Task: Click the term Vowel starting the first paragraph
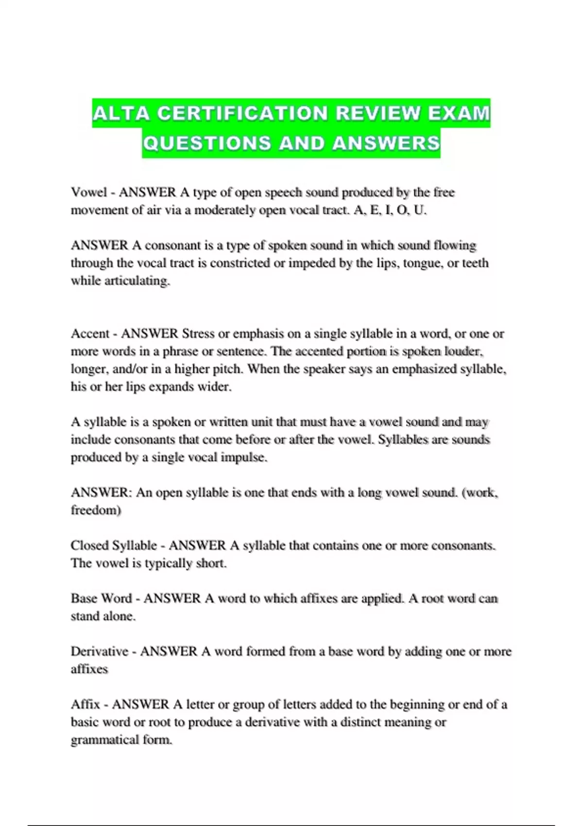click(88, 192)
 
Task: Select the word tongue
click(422, 263)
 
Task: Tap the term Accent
click(90, 334)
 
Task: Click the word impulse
click(243, 458)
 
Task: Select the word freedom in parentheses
click(94, 511)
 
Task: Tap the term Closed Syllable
click(114, 546)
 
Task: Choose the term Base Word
click(101, 599)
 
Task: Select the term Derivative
click(99, 652)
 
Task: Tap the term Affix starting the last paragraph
click(85, 705)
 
